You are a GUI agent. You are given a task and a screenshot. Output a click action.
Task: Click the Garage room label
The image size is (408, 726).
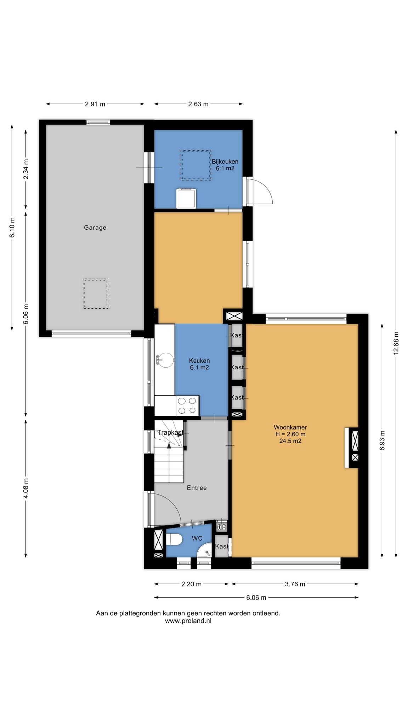click(95, 228)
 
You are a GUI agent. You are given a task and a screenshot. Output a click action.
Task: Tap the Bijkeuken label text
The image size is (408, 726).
click(225, 162)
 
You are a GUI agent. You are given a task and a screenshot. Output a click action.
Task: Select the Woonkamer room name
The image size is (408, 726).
click(290, 428)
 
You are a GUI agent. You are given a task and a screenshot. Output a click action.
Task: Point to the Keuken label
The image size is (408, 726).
click(199, 361)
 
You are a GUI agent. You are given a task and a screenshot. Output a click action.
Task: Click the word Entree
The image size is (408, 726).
click(197, 488)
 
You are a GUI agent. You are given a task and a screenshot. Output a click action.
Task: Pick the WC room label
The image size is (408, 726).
click(197, 538)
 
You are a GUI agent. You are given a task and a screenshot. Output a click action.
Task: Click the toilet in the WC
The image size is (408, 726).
click(174, 539)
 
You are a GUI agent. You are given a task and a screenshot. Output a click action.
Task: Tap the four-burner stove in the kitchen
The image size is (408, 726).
click(188, 406)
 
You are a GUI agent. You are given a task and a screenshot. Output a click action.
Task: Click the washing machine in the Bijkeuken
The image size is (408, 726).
click(187, 198)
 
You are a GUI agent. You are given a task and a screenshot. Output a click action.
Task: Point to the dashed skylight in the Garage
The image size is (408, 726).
click(96, 294)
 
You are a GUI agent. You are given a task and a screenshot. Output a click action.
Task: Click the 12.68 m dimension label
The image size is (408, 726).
click(396, 343)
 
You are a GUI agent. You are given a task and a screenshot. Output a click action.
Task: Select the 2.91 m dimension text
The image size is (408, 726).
click(95, 104)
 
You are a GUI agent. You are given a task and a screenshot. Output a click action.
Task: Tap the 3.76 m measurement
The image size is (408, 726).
click(295, 584)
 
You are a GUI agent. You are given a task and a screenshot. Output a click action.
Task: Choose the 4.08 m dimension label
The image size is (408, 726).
click(26, 488)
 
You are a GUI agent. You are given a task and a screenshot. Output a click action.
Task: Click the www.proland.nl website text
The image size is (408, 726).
click(188, 621)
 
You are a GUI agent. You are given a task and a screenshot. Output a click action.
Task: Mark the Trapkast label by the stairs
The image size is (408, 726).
click(170, 432)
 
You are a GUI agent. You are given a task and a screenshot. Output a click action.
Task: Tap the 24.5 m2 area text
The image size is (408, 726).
click(290, 441)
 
